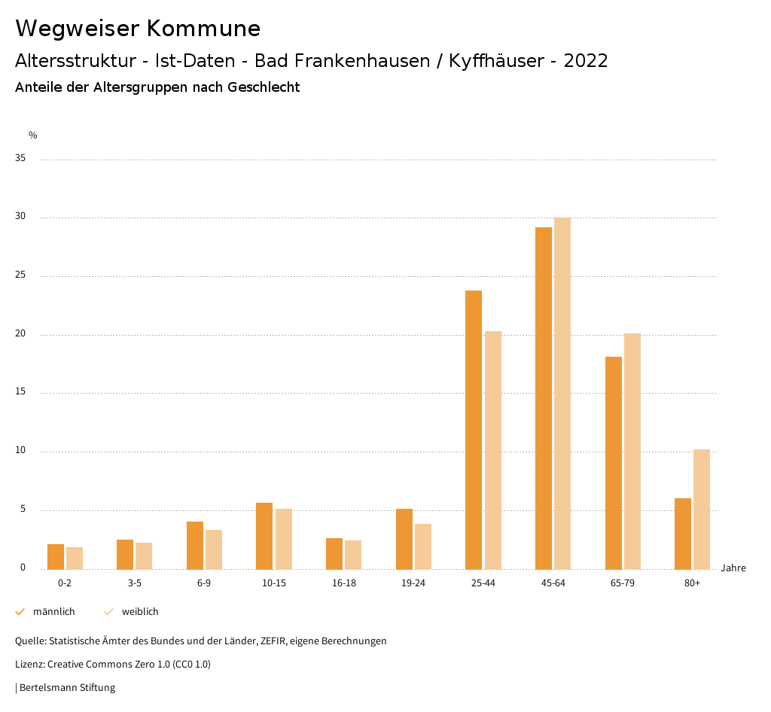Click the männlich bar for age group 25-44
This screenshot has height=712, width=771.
(x=474, y=430)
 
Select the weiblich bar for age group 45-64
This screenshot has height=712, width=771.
(x=562, y=393)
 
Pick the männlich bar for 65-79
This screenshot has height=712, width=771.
(x=614, y=463)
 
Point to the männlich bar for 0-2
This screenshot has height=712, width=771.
(x=56, y=556)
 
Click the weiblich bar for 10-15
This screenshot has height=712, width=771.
(x=283, y=539)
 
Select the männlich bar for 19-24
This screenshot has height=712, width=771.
(x=404, y=539)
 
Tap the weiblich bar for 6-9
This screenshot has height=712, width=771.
(x=214, y=549)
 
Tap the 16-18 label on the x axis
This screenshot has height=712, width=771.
(x=344, y=583)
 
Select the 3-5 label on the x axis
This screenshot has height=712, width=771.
(x=135, y=583)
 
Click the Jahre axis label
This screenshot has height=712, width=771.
(x=733, y=567)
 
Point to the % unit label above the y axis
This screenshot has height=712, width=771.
(x=33, y=135)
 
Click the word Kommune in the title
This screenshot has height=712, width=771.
(x=203, y=29)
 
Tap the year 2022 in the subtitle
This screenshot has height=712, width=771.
(x=585, y=61)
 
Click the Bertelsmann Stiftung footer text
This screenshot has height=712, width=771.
(x=67, y=688)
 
